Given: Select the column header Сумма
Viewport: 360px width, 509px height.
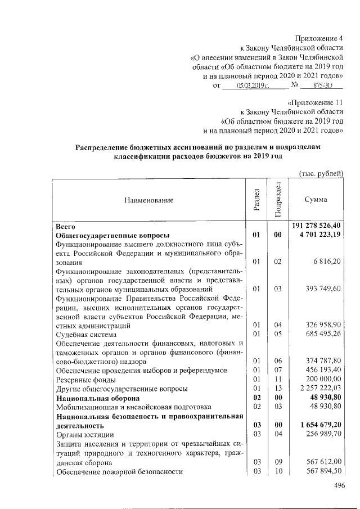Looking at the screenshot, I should [316, 200].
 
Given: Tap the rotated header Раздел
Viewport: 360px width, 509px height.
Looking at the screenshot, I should [256, 199].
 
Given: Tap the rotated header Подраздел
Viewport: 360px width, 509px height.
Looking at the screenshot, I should [277, 199].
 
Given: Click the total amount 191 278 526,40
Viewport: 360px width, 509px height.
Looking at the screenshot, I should [316, 226].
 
